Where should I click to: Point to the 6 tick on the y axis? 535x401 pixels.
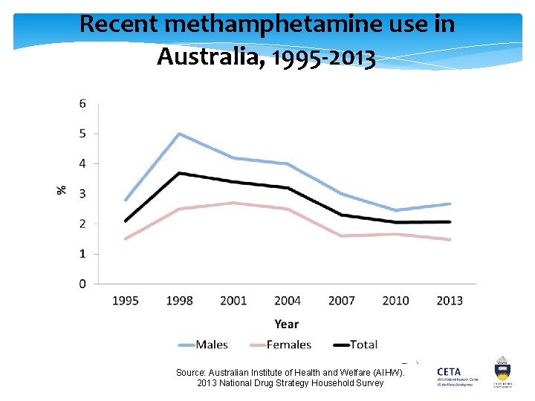(82, 103)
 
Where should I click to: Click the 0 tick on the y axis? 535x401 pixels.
(82, 284)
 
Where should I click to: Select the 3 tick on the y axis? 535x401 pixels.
(82, 194)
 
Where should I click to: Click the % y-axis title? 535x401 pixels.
(62, 190)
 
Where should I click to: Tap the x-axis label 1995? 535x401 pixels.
(126, 301)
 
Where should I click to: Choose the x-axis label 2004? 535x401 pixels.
(288, 301)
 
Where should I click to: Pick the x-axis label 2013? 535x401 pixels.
(449, 301)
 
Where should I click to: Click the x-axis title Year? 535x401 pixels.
(287, 324)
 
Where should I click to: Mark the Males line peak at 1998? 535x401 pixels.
(179, 134)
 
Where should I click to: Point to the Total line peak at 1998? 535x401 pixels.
(179, 173)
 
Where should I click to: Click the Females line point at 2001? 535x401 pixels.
(233, 203)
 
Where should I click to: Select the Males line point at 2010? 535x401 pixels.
(395, 210)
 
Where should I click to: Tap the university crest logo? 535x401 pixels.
(502, 372)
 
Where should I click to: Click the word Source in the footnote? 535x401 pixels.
(190, 372)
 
